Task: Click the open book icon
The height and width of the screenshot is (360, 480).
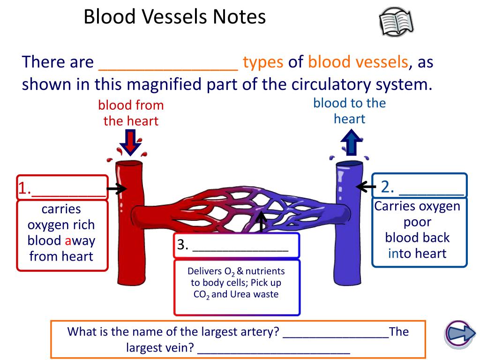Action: [x=396, y=22]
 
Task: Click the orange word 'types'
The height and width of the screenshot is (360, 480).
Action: [x=263, y=62]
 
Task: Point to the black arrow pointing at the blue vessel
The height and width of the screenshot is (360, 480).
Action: [x=366, y=187]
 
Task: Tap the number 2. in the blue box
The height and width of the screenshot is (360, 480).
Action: [x=387, y=187]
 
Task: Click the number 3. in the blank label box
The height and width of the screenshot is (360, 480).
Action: [x=183, y=245]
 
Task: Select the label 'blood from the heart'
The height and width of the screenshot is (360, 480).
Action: [x=131, y=113]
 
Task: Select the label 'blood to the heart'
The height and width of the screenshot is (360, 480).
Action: [x=349, y=111]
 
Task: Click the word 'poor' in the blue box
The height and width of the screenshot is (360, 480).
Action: [x=417, y=222]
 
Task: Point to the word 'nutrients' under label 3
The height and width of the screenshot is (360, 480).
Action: [x=265, y=271]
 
